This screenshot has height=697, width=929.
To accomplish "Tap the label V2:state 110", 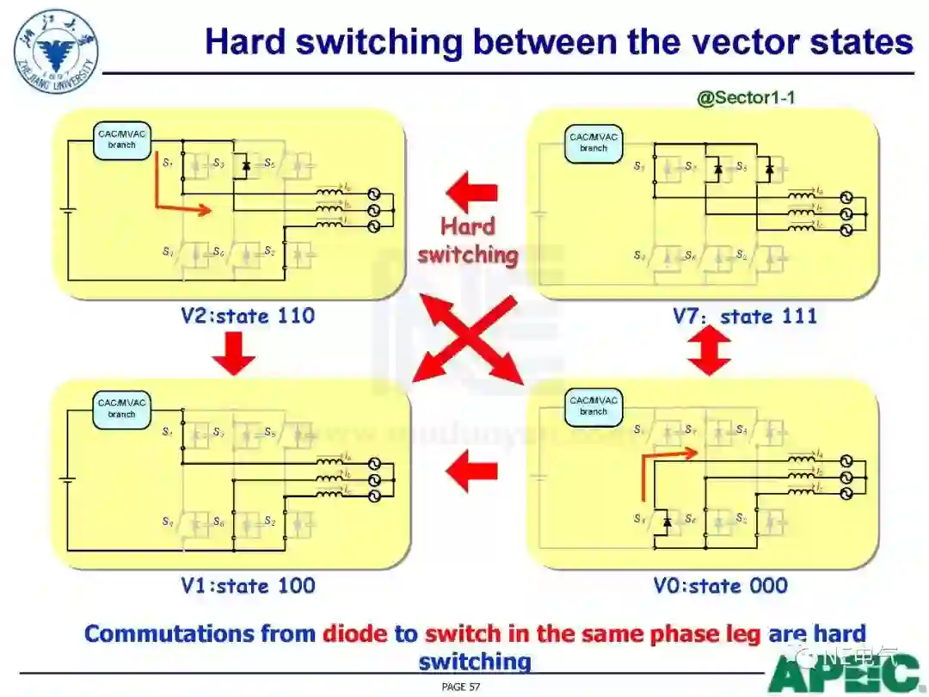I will (x=248, y=316).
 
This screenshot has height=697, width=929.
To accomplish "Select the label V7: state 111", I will (x=745, y=317).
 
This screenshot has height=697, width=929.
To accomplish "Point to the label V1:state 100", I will (x=248, y=586).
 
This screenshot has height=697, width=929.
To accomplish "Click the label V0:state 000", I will (x=721, y=586).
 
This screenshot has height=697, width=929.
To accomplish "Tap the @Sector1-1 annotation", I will (x=746, y=98).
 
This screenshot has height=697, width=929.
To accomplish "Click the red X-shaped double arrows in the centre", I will (x=468, y=339).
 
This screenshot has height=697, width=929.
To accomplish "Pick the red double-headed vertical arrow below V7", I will (x=710, y=353).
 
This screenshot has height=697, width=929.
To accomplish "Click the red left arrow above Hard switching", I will (x=471, y=191).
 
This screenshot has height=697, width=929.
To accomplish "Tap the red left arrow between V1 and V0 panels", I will (x=471, y=471).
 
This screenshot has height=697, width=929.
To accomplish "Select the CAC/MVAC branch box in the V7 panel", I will (x=594, y=143).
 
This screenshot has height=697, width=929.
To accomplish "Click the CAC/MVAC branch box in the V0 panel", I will (x=594, y=406).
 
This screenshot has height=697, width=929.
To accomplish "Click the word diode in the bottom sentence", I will (x=355, y=634).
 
